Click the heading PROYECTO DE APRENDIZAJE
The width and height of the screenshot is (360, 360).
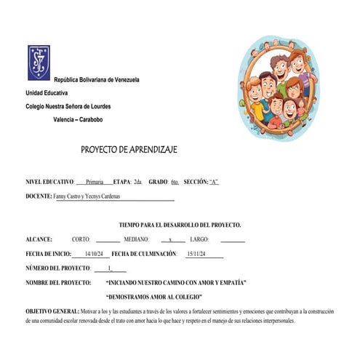[129, 149]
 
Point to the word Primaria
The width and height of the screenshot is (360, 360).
[95, 181]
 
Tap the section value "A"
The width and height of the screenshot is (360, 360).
[214, 181]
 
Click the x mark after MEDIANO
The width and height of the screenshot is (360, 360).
[170, 239]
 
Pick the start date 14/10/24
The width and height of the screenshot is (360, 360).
[96, 254]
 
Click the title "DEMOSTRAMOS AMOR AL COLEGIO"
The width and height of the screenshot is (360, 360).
[153, 297]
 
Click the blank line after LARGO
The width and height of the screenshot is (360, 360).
[233, 240]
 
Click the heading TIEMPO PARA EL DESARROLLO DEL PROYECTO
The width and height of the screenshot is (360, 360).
[180, 225]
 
